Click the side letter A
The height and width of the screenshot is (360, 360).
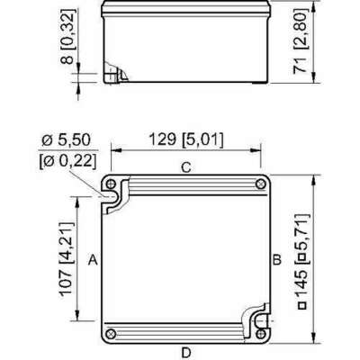click(93, 259)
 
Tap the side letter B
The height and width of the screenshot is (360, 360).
click(278, 259)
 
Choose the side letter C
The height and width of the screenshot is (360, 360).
click(185, 167)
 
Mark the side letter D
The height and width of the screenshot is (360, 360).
click(185, 350)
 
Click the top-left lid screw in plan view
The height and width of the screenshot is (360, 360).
click(111, 184)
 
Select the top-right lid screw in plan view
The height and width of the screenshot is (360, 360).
click(260, 184)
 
